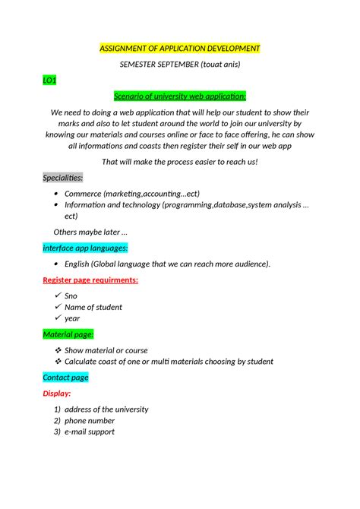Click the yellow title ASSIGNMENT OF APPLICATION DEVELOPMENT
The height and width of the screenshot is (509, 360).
click(180, 49)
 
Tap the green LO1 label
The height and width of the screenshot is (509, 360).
click(49, 81)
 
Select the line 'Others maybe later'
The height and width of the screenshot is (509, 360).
click(90, 232)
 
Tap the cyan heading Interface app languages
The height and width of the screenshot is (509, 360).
click(84, 248)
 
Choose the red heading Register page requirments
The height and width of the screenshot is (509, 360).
click(90, 280)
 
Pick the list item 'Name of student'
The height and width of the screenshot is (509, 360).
click(93, 307)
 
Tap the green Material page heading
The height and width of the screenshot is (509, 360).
click(68, 334)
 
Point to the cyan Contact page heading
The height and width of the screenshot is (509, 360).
click(65, 378)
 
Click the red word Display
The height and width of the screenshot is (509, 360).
click(57, 394)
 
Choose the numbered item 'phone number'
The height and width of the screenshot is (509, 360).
click(90, 420)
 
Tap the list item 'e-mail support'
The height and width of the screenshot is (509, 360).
click(90, 432)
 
